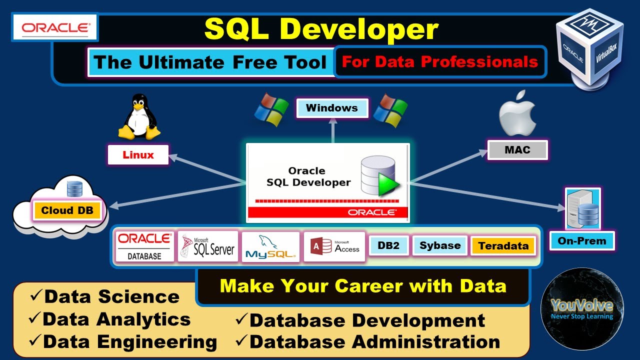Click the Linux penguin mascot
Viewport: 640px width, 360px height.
pyautogui.click(x=138, y=118)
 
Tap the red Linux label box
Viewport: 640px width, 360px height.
pyautogui.click(x=138, y=155)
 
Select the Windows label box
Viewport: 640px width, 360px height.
pyautogui.click(x=332, y=108)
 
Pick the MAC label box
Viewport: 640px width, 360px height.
pyautogui.click(x=517, y=150)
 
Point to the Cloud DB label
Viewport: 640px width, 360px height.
pyautogui.click(x=67, y=210)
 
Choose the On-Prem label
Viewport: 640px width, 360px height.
pyautogui.click(x=582, y=241)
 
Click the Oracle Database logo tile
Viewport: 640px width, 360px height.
pyautogui.click(x=144, y=246)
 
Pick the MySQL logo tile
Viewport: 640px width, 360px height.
pyautogui.click(x=270, y=247)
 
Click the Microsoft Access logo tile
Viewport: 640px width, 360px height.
pyautogui.click(x=334, y=246)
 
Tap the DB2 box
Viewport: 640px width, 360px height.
pyautogui.click(x=388, y=246)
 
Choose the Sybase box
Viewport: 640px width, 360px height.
pyautogui.click(x=440, y=246)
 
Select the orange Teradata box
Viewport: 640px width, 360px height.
pyautogui.click(x=503, y=246)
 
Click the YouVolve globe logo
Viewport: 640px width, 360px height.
pyautogui.click(x=582, y=309)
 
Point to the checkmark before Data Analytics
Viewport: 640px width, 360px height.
pyautogui.click(x=35, y=318)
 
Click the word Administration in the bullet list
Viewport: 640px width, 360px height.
pyautogui.click(x=425, y=342)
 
